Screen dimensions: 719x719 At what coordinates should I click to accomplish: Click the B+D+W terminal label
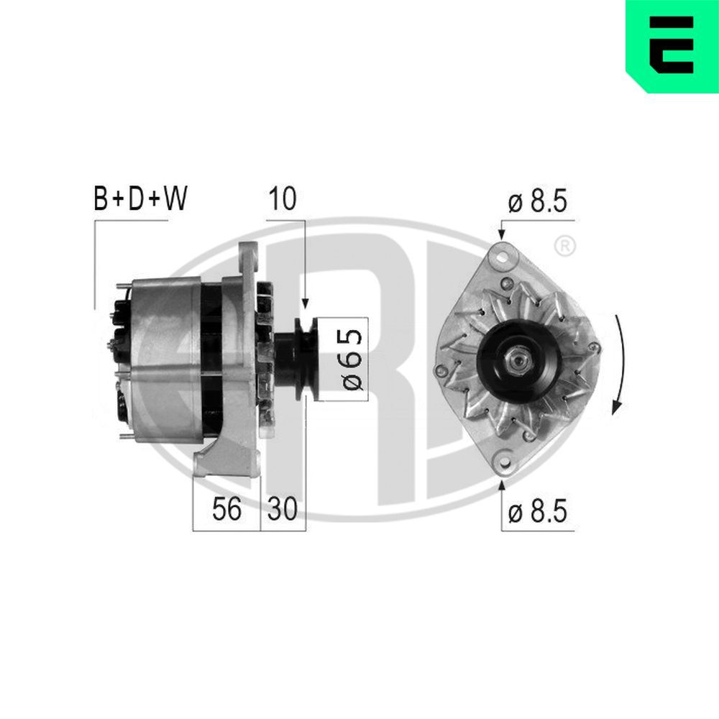coord(141,199)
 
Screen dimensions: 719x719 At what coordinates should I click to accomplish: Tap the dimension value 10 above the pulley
coord(281,199)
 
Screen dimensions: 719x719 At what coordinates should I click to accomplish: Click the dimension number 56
coord(226,510)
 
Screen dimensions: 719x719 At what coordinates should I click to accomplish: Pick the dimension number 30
coord(282,510)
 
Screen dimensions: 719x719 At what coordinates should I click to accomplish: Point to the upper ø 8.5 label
coord(537,202)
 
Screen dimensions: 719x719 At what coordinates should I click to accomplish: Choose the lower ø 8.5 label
coord(537,512)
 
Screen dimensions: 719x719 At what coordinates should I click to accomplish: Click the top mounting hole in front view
coord(502,254)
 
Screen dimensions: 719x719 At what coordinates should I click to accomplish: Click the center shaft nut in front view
coord(516,357)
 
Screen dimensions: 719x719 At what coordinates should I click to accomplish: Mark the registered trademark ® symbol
coord(565,246)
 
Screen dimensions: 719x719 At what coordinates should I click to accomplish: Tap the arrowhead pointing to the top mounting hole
coord(502,233)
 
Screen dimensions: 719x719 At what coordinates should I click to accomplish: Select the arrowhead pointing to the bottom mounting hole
coord(502,485)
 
